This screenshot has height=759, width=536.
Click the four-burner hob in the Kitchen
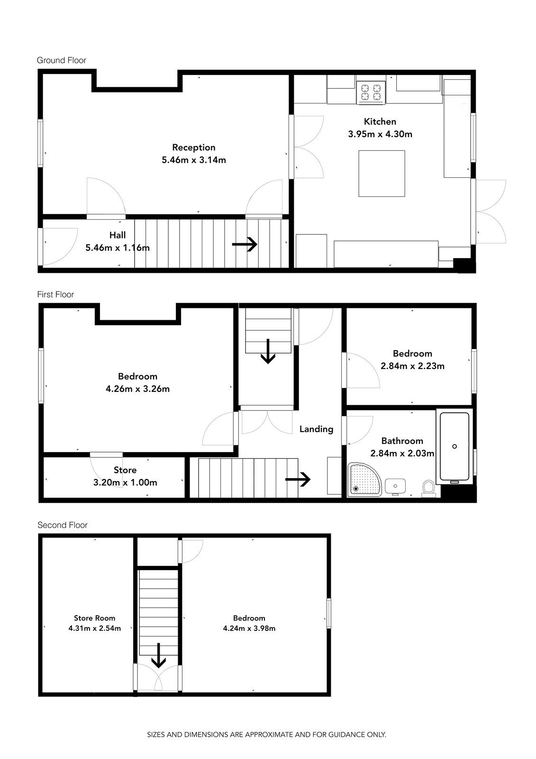371,93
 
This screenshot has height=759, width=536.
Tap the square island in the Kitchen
382,174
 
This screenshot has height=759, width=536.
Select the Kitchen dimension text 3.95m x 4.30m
380,134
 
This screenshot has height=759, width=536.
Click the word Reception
194,148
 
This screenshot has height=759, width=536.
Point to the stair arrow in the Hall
245,244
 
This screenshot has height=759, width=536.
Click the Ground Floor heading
61,60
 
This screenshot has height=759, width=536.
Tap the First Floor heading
55,295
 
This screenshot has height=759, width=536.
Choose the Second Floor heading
62,525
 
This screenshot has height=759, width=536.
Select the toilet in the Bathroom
429,488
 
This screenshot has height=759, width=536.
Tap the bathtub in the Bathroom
454,447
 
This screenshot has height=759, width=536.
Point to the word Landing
316,429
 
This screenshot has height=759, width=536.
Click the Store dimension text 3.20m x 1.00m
125,482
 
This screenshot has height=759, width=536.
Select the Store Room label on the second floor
94,618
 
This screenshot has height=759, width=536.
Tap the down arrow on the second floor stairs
158,655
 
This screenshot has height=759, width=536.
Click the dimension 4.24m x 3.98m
249,628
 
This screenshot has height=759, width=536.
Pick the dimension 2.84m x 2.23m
412,366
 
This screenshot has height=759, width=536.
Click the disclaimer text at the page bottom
266,735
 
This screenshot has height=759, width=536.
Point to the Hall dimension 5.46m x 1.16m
118,248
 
